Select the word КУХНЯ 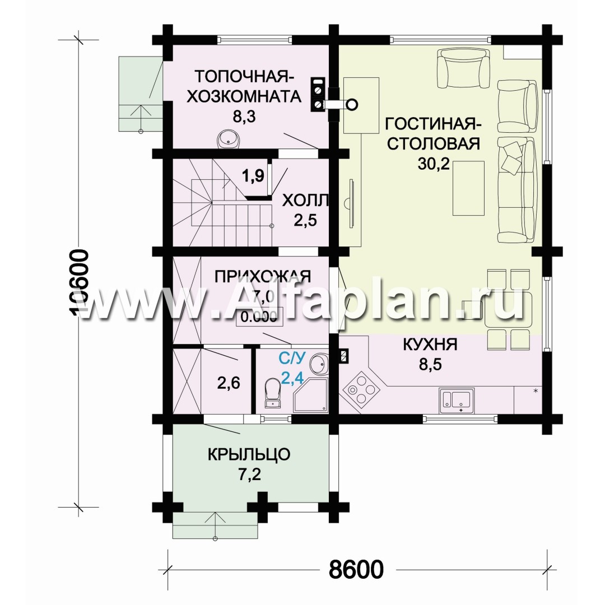tap(430, 343)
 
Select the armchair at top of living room tap(463, 68)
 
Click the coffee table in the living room tap(468, 188)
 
